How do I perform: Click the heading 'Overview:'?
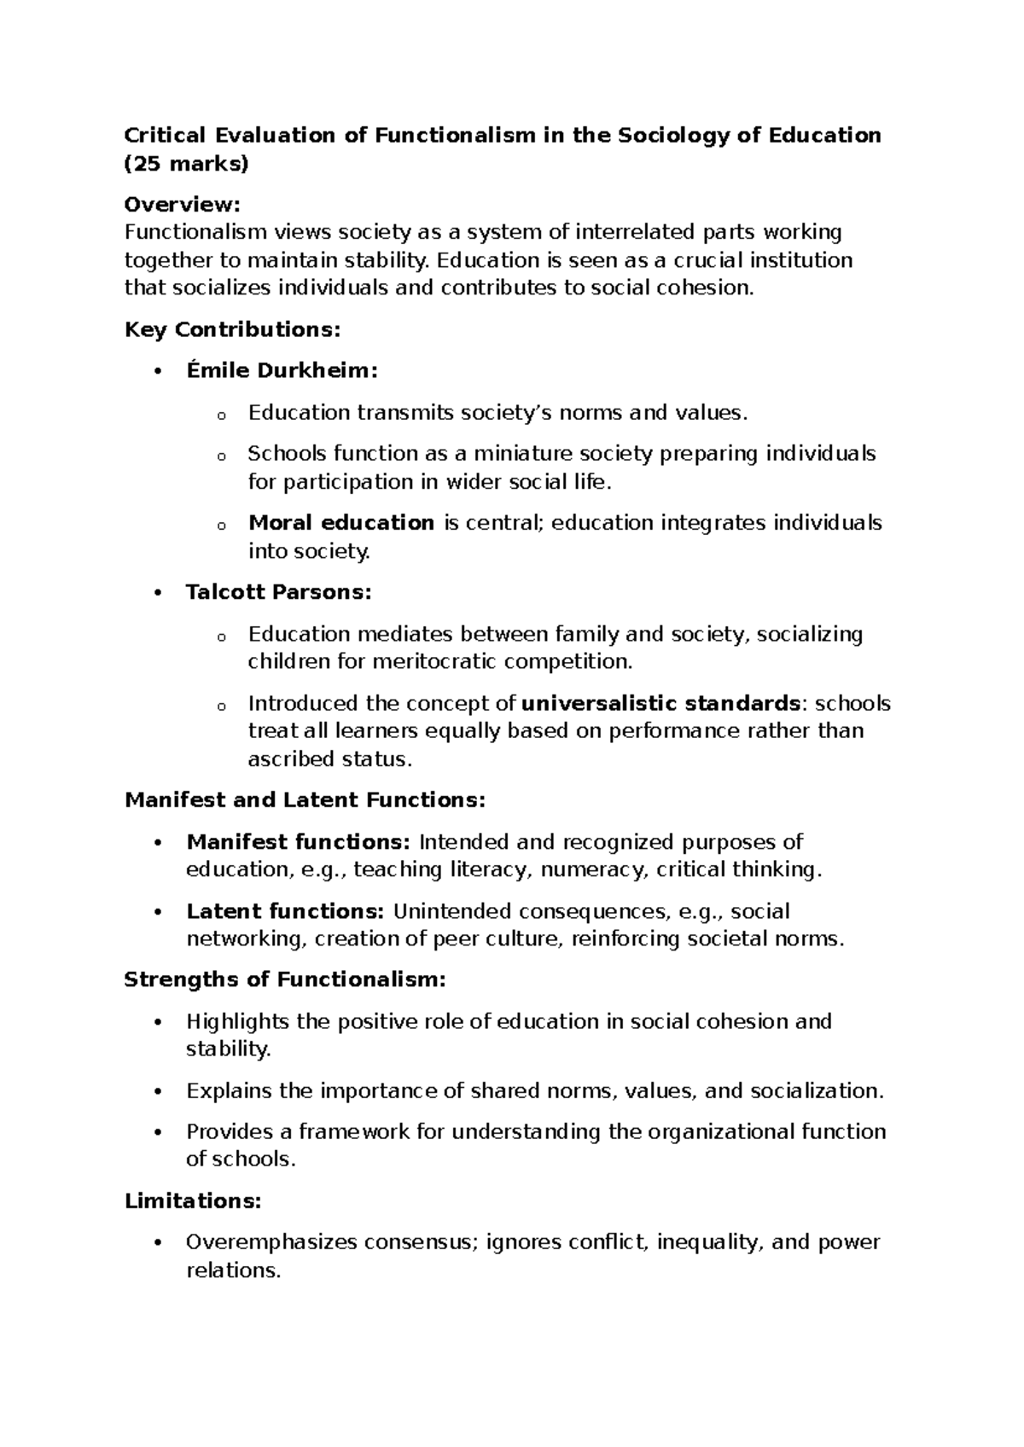pos(183,205)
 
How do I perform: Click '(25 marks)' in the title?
pos(186,164)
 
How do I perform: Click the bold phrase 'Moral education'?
pos(340,523)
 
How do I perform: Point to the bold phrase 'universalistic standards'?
pos(660,704)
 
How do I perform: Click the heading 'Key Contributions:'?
pos(232,329)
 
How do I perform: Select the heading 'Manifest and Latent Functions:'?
pos(305,800)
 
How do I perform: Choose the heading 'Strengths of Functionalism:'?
pos(285,979)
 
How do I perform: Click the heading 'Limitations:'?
pos(193,1201)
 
